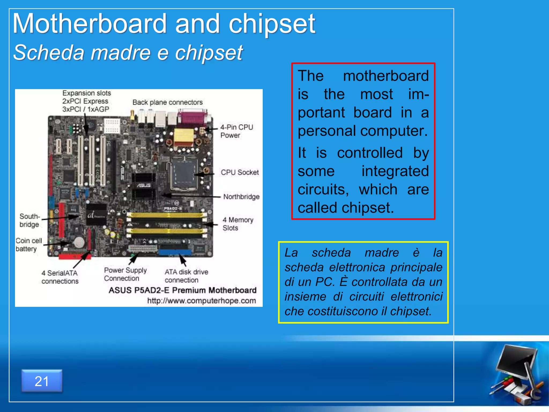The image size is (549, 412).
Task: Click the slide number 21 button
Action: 42,381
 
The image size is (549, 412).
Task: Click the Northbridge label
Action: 241,197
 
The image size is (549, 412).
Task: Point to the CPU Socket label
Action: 240,172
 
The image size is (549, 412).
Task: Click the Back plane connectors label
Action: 168,102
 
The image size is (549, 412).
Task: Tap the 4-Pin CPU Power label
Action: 236,131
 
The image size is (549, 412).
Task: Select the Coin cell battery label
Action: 28,244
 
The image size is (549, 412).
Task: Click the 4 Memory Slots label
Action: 238,224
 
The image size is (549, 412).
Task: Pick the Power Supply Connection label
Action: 125,274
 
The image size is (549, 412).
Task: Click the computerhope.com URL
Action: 202,301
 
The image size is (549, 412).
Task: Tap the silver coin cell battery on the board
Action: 79,242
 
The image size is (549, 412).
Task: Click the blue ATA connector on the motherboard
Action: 175,252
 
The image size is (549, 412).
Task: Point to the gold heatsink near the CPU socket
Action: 184,137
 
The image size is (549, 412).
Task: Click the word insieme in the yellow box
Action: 305,297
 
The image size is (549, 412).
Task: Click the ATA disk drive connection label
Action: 186,276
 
